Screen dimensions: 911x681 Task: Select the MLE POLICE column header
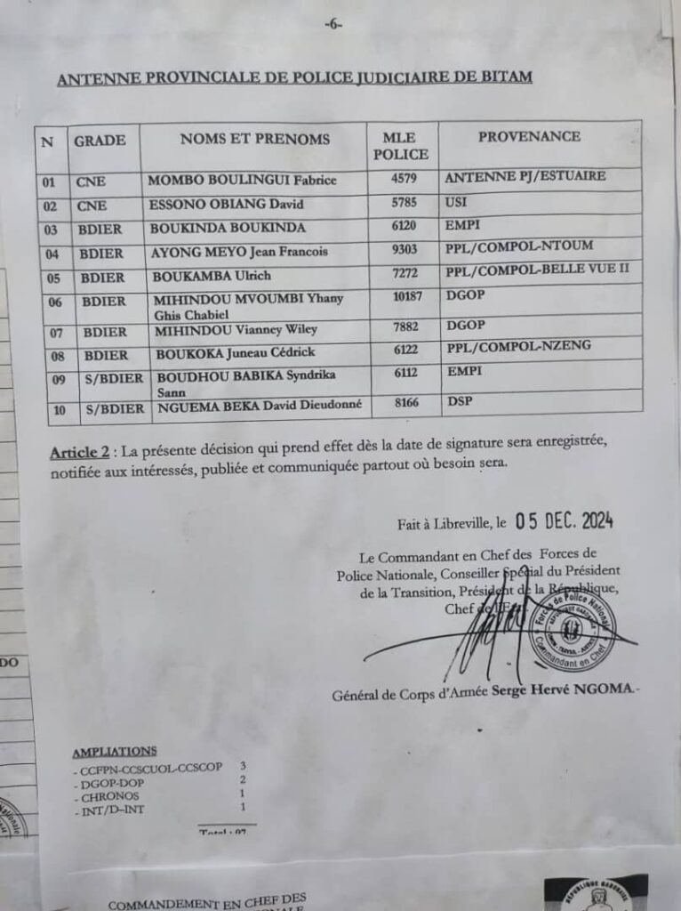(x=405, y=146)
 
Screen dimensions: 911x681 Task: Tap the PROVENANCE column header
(x=529, y=137)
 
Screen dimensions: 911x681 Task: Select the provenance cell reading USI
(x=454, y=204)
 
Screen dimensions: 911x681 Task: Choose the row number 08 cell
(x=51, y=355)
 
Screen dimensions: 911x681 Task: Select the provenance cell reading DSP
(x=458, y=402)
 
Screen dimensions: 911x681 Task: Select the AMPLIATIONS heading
(x=114, y=751)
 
